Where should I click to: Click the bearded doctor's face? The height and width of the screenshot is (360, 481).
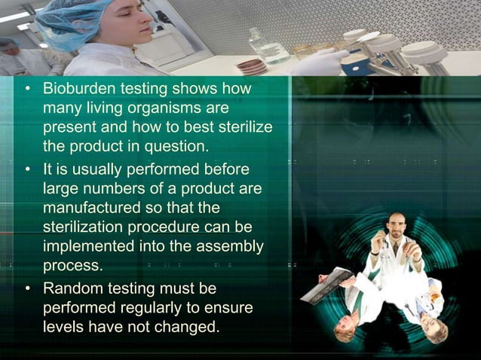point(397,226)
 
